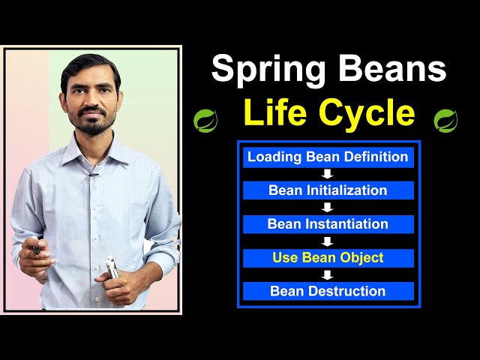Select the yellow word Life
click(274, 113)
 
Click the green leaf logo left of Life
click(204, 119)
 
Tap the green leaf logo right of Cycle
click(445, 119)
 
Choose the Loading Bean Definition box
click(328, 157)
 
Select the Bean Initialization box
click(328, 190)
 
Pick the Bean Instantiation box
click(328, 224)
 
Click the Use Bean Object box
click(328, 258)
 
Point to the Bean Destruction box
click(328, 291)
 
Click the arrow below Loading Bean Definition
click(328, 174)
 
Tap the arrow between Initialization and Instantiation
click(328, 208)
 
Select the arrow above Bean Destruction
click(328, 274)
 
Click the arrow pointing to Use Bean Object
click(328, 241)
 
